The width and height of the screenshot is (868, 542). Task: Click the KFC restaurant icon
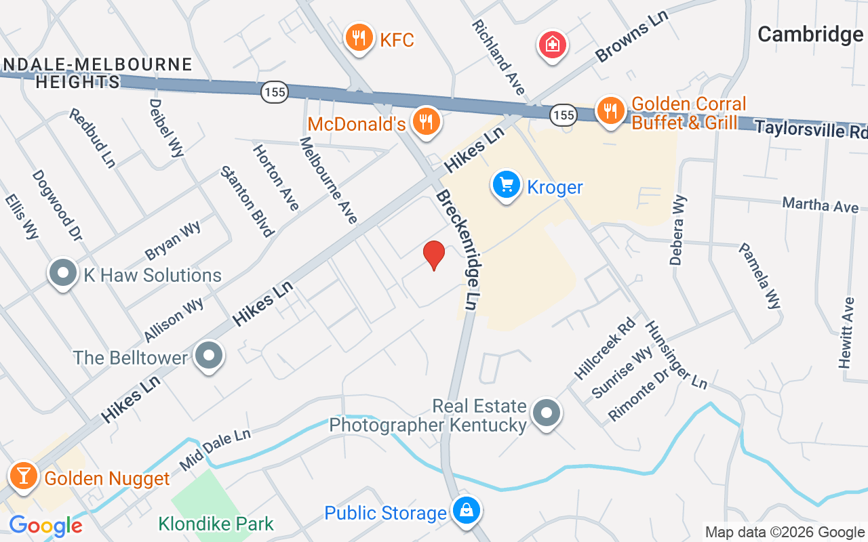pyautogui.click(x=357, y=38)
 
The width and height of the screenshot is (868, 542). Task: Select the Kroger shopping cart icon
pyautogui.click(x=506, y=184)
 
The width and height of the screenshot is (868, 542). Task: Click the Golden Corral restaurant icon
pyautogui.click(x=610, y=111)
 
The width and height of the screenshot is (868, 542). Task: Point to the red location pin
pyautogui.click(x=433, y=255)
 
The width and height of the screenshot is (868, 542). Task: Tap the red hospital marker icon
pyautogui.click(x=553, y=45)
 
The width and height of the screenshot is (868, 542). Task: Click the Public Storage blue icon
pyautogui.click(x=466, y=511)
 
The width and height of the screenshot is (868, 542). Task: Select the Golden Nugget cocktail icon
pyautogui.click(x=24, y=476)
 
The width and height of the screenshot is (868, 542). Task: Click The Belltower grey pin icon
pyautogui.click(x=209, y=355)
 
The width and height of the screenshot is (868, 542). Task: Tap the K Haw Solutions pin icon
pyautogui.click(x=63, y=274)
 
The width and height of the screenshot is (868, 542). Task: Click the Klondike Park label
pyautogui.click(x=216, y=524)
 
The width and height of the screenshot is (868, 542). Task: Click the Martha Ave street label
pyautogui.click(x=820, y=205)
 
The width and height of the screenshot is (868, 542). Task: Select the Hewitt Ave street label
pyautogui.click(x=846, y=333)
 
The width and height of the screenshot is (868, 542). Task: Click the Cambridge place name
pyautogui.click(x=810, y=34)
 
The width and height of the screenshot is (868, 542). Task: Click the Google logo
pyautogui.click(x=45, y=526)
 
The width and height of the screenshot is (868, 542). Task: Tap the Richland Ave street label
pyautogui.click(x=498, y=57)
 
